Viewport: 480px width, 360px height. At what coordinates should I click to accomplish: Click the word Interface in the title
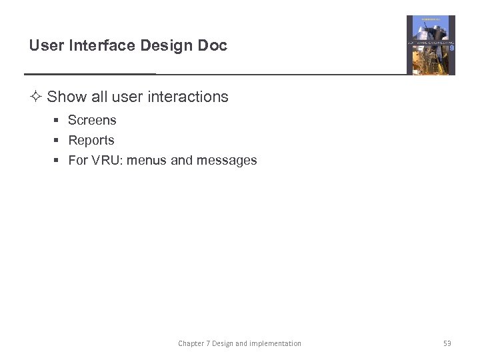[92, 45]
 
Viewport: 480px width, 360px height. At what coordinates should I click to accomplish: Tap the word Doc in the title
[212, 45]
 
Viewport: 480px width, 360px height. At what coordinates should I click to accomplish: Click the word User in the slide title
[45, 45]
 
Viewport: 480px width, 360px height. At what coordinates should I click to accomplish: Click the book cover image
[431, 45]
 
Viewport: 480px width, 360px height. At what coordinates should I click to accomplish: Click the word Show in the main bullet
[67, 97]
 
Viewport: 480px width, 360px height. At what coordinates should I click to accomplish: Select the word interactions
[188, 97]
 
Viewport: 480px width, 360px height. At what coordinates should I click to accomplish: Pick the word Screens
[92, 121]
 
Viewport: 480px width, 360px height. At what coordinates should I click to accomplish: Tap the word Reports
[91, 141]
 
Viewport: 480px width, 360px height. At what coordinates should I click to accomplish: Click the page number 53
[447, 343]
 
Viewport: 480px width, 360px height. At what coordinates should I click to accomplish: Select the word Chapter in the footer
[191, 343]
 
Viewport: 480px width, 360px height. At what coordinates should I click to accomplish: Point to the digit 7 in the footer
[207, 343]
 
